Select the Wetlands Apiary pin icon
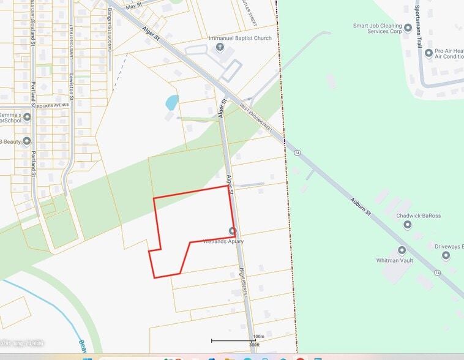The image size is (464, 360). [232, 231]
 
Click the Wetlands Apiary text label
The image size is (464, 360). [223, 241]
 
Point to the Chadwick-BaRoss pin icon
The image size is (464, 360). [408, 225]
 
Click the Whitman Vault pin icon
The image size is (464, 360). [402, 250]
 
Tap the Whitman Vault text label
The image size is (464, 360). [394, 260]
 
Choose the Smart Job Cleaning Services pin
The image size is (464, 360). [408, 28]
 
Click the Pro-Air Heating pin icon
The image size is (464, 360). [428, 53]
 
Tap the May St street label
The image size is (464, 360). [133, 6]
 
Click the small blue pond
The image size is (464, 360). [172, 102]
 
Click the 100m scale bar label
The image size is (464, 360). [258, 336]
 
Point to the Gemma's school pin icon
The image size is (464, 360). [27, 116]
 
